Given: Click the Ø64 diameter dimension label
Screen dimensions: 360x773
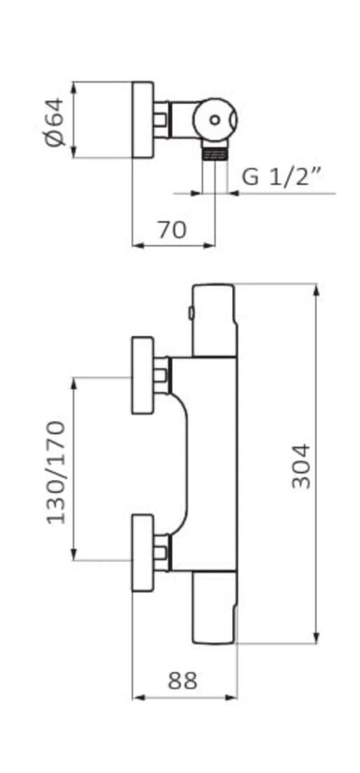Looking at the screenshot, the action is point(54,122).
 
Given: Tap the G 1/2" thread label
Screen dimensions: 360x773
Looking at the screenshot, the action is point(281,177).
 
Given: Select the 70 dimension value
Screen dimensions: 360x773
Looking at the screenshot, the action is point(172,230).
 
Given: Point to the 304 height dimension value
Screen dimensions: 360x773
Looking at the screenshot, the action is point(301,466).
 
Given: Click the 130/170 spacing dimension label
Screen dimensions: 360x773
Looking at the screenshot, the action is point(56,472).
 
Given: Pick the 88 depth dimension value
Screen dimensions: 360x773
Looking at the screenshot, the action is point(182,681).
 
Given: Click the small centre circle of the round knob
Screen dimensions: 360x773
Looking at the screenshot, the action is point(215,119).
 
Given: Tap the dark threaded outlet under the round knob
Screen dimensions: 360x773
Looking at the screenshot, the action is point(214,152).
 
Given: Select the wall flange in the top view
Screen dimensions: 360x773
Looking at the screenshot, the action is point(143,119).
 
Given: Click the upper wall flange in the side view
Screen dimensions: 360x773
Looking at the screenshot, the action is point(143,375).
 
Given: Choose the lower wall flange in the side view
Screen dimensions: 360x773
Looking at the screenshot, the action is point(143,553).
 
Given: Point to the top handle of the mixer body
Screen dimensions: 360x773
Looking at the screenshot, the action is point(214,319).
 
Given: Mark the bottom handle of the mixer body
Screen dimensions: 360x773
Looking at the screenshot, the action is point(214,607).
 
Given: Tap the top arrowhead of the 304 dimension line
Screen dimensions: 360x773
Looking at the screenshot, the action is point(317,290).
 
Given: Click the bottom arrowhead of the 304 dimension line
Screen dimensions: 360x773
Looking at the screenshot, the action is point(317,638).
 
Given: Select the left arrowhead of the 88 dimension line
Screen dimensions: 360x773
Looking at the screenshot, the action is point(138,698).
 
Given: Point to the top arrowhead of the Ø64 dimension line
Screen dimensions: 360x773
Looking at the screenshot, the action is point(74,88).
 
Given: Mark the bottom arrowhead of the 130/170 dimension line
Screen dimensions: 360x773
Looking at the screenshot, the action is point(74,554).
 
